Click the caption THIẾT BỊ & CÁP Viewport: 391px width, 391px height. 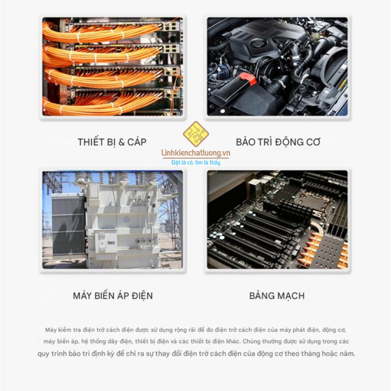click(x=112, y=142)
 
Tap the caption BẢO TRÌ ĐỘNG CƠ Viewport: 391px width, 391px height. click(x=278, y=142)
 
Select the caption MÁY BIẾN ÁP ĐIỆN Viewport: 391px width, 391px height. click(x=113, y=296)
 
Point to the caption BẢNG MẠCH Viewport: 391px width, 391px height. click(x=277, y=296)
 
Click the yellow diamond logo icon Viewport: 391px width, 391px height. click(x=196, y=134)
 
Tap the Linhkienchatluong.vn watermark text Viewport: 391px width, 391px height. click(x=196, y=153)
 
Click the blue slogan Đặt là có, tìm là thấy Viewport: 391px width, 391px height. click(x=196, y=163)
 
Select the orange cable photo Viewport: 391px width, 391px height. click(x=113, y=66)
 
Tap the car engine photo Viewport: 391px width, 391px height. click(x=277, y=66)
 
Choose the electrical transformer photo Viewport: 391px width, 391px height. click(x=113, y=220)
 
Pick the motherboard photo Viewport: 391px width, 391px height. click(x=277, y=220)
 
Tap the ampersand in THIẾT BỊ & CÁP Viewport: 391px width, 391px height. click(x=121, y=142)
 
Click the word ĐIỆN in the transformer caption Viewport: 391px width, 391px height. click(x=142, y=296)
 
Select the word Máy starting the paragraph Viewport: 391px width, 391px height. click(x=51, y=330)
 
